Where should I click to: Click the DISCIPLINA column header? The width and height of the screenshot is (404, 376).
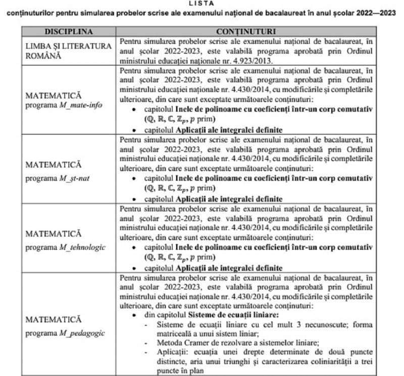pos(69,31)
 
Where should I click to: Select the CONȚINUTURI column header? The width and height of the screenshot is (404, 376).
pos(246,31)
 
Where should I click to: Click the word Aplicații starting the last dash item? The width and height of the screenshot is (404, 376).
pos(172,351)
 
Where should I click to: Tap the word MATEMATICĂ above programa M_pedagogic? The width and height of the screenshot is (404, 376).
pos(54,319)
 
